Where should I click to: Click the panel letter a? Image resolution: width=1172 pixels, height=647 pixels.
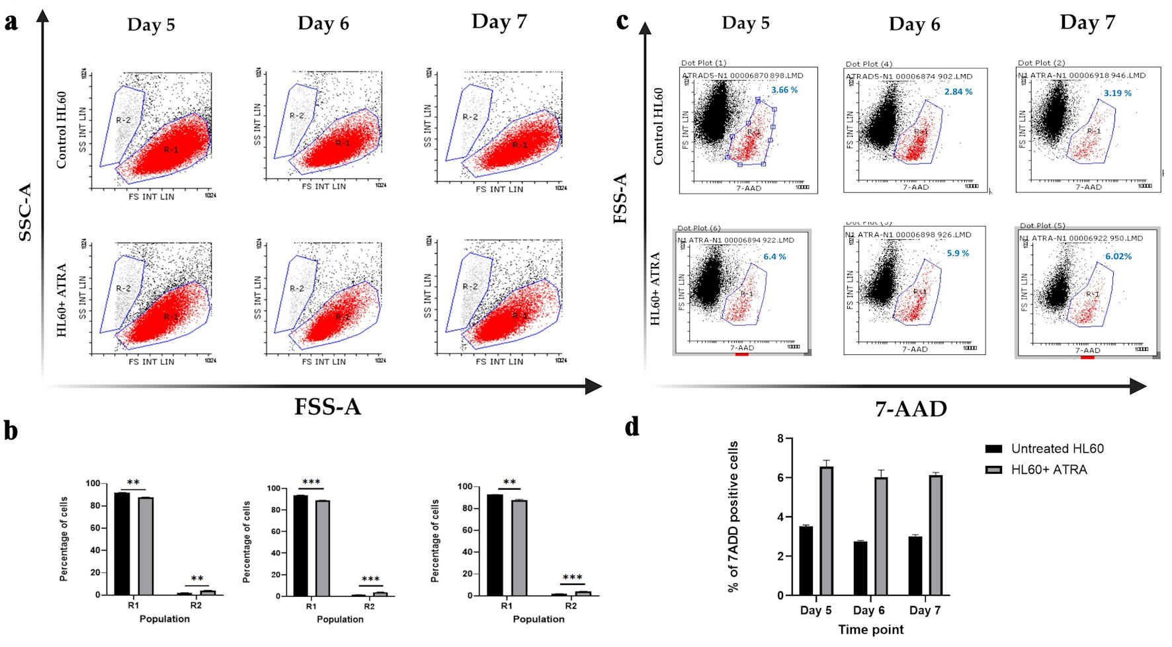click(11, 22)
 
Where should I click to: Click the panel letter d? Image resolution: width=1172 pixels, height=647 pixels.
click(632, 427)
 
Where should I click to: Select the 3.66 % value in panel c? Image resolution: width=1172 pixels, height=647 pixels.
click(784, 90)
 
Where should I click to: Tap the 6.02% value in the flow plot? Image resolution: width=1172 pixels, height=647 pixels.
click(1118, 256)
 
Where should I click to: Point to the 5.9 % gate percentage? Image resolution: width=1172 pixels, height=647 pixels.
click(958, 253)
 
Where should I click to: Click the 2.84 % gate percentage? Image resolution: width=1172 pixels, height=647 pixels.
click(958, 92)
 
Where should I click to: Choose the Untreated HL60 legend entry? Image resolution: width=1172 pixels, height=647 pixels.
click(1056, 449)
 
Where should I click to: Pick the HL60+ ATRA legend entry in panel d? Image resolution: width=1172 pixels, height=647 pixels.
click(1048, 470)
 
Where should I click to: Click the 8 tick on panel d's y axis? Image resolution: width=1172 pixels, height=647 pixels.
click(780, 439)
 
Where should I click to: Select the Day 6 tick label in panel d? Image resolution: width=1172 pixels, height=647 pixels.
click(868, 610)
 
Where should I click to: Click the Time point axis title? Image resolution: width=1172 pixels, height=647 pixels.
click(870, 630)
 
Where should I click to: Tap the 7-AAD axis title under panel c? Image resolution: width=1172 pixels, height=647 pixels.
click(911, 409)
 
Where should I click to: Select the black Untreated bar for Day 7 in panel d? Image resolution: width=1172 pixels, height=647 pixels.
click(915, 566)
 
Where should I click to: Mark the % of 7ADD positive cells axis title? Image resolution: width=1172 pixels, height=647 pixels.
click(733, 516)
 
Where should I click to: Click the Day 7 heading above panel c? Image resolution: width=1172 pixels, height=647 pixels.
click(1087, 22)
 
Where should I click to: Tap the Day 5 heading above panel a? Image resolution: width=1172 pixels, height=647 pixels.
click(151, 25)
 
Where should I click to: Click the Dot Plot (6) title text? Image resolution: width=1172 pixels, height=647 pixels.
click(698, 228)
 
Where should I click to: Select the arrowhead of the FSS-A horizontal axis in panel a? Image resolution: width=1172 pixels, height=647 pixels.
click(594, 387)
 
